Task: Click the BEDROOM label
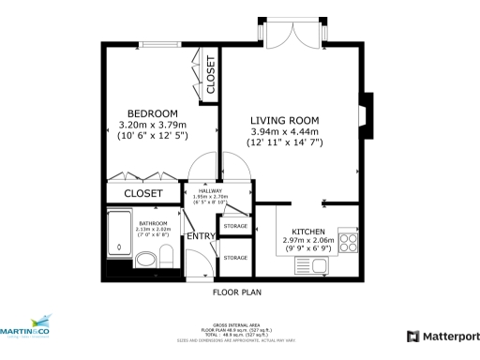click(152, 113)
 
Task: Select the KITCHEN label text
click(308, 231)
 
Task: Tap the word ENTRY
click(201, 235)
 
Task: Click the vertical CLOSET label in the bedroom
click(211, 74)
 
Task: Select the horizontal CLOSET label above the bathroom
click(143, 193)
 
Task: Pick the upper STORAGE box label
click(235, 225)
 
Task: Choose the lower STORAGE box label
click(235, 257)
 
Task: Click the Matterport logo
click(442, 336)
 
